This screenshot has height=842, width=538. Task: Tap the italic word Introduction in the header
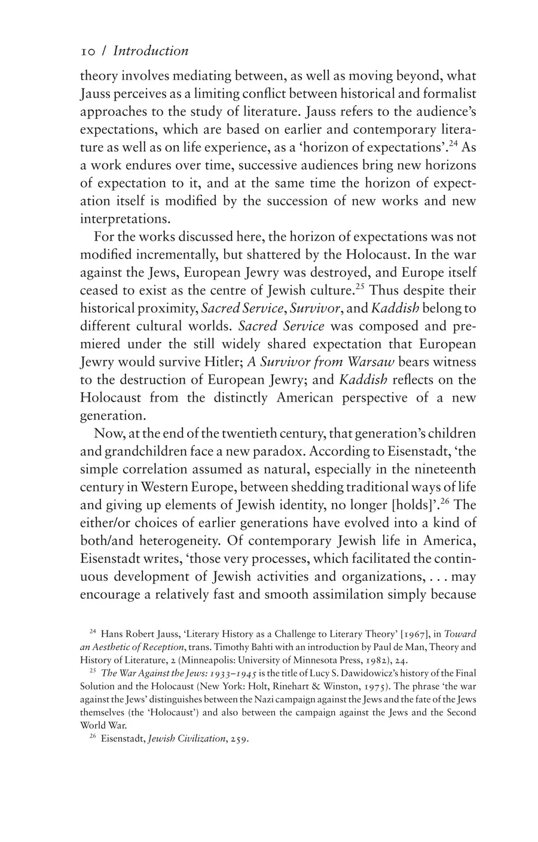click(x=151, y=51)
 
